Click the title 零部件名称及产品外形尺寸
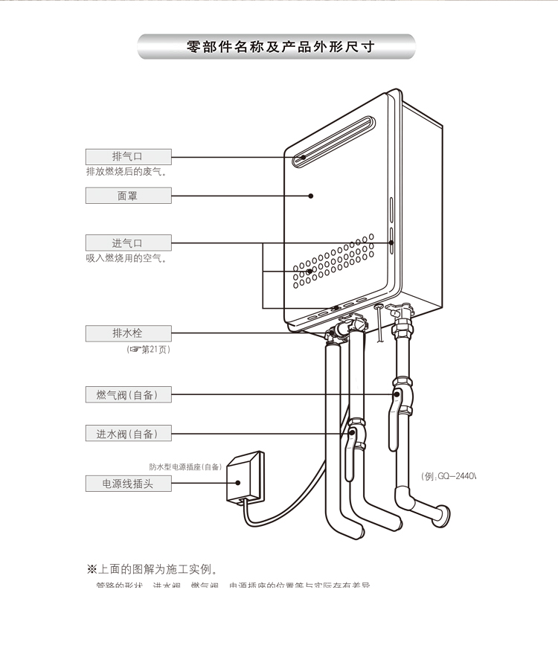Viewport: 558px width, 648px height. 279,47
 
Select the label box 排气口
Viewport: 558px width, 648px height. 128,156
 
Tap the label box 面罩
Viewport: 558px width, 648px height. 128,196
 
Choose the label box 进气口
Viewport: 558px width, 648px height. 128,243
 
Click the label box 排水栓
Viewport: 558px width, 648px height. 128,333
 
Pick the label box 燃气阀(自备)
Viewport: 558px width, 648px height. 128,394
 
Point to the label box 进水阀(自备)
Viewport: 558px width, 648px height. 128,434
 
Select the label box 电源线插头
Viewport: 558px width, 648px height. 128,484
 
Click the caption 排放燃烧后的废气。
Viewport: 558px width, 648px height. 126,172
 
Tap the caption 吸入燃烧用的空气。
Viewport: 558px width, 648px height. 126,258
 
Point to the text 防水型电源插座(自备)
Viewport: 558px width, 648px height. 185,466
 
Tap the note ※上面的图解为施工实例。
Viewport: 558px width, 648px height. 152,570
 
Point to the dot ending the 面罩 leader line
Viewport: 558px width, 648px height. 310,196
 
